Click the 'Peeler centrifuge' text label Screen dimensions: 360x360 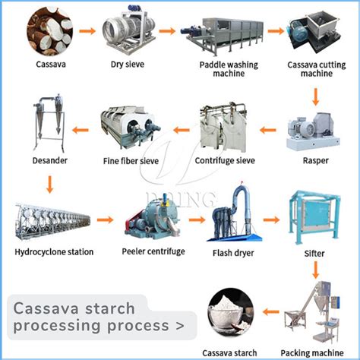coord(153,251)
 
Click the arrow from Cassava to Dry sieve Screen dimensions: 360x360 coord(86,32)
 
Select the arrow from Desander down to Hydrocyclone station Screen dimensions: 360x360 coord(49,184)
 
